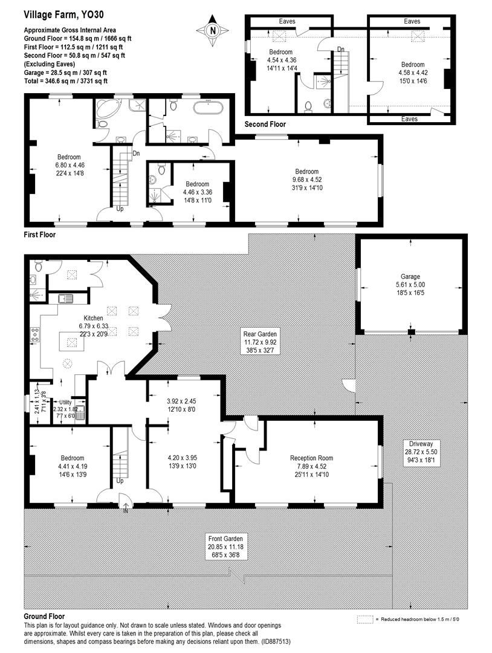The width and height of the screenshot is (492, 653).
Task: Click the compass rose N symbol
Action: (212, 30)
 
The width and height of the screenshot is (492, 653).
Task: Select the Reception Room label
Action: (311, 458)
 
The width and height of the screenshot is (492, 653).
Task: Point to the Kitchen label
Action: (93, 317)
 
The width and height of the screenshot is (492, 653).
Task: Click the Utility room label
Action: (64, 401)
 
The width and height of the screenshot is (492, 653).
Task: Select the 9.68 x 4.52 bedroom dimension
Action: (306, 179)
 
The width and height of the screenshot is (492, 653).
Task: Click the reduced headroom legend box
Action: (364, 620)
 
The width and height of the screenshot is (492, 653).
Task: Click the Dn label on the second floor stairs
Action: (341, 49)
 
